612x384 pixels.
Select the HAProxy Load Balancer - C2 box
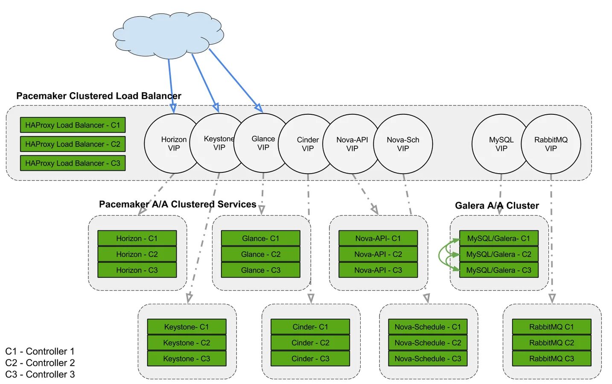point(73,144)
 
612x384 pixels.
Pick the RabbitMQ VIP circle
point(551,144)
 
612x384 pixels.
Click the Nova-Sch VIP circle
point(403,144)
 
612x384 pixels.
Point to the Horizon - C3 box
point(137,270)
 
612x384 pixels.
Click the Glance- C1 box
point(260,239)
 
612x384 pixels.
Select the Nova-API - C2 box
point(378,254)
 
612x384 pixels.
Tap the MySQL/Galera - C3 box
point(498,270)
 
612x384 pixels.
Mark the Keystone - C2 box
point(187,343)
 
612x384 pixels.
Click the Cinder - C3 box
point(310,358)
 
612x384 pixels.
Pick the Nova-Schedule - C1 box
point(428,327)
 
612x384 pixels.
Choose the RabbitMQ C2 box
point(551,343)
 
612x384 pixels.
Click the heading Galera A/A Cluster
point(497,206)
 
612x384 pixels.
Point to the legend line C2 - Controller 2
point(40,363)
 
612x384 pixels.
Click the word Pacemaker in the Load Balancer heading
point(41,96)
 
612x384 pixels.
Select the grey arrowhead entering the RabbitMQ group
point(552,298)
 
